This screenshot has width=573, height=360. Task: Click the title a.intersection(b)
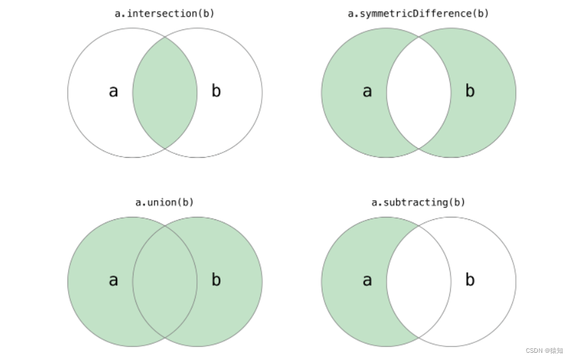pos(165,13)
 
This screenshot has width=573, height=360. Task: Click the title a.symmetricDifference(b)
pos(419,13)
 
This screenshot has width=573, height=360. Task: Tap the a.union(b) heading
pos(165,202)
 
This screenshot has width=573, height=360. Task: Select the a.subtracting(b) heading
pos(419,202)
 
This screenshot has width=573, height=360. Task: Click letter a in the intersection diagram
pos(113,91)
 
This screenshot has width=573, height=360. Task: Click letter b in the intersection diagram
pos(216,91)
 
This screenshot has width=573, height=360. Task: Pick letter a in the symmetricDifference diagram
pos(367,91)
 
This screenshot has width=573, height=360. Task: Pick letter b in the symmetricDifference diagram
pos(470,91)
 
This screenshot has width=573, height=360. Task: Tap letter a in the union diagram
pos(113,280)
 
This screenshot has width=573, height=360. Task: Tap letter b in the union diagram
pos(216,280)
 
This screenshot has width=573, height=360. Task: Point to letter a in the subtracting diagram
pos(367,280)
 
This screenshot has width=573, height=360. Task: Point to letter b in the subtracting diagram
pos(470,280)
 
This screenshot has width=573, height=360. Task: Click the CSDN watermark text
pos(544,351)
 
